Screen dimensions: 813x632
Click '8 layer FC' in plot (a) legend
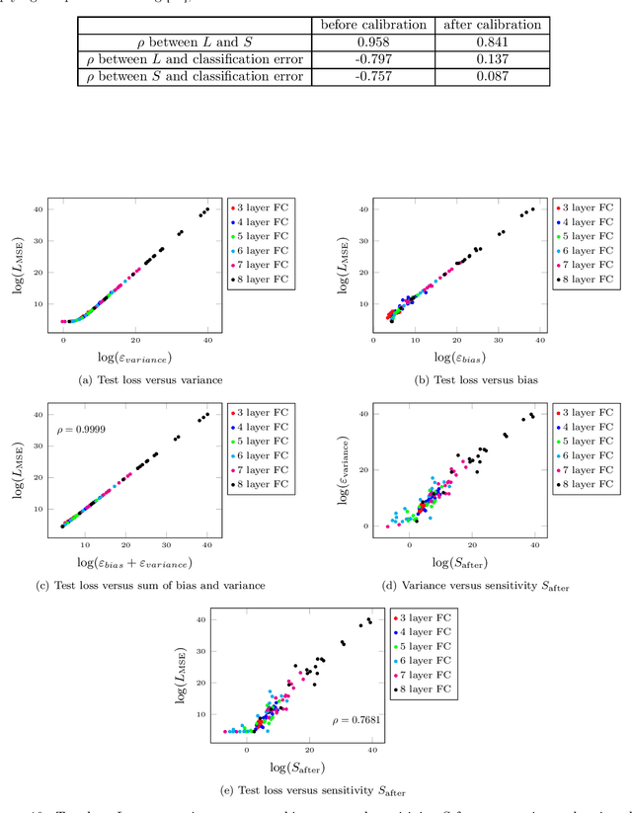pos(265,279)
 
